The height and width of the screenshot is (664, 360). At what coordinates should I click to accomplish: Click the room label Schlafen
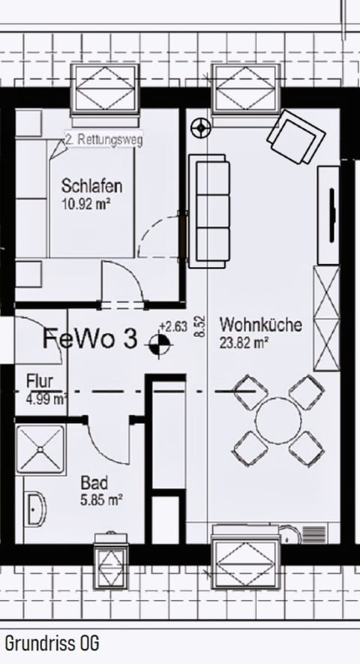click(91, 186)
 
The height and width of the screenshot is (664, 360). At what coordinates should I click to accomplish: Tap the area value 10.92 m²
click(88, 203)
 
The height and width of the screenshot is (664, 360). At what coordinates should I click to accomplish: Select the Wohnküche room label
click(260, 326)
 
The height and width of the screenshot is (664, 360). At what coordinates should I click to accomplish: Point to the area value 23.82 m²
click(244, 343)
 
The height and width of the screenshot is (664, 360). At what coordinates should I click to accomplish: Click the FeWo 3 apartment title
click(90, 339)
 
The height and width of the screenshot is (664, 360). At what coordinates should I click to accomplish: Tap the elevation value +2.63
click(172, 326)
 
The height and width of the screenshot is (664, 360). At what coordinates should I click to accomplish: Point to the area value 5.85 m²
click(101, 498)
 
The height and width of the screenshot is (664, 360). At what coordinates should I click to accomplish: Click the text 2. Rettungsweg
click(103, 140)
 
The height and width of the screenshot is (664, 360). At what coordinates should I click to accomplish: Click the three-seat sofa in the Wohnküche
click(208, 211)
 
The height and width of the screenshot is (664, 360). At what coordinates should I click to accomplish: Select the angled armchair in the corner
click(296, 137)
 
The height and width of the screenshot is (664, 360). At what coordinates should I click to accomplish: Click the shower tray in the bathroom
click(40, 450)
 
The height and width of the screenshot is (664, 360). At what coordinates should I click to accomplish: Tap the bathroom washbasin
click(34, 508)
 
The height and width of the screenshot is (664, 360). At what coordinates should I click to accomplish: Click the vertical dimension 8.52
click(199, 326)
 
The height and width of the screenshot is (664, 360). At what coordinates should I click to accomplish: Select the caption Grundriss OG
click(52, 643)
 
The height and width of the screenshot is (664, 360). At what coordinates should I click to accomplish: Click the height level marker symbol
click(159, 344)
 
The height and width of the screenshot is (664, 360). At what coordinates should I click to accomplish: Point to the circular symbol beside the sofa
click(200, 128)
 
